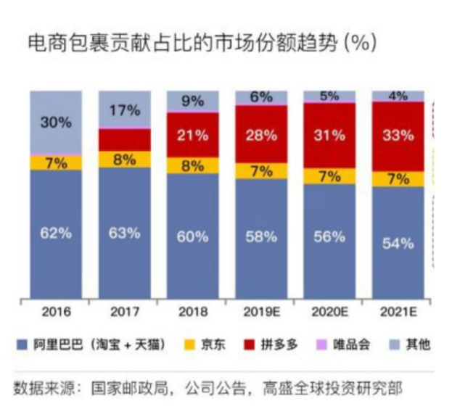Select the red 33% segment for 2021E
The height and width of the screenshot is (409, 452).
click(x=398, y=136)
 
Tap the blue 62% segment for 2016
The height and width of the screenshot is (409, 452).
click(x=55, y=234)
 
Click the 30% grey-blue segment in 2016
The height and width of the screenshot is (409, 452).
click(x=55, y=123)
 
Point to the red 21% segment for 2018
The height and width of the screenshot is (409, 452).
click(x=192, y=135)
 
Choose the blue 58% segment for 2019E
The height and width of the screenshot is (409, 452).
click(x=260, y=236)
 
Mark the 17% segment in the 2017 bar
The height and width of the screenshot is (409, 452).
click(x=124, y=110)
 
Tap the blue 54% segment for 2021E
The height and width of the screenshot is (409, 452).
click(x=398, y=243)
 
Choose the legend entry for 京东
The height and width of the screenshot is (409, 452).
click(x=207, y=344)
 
